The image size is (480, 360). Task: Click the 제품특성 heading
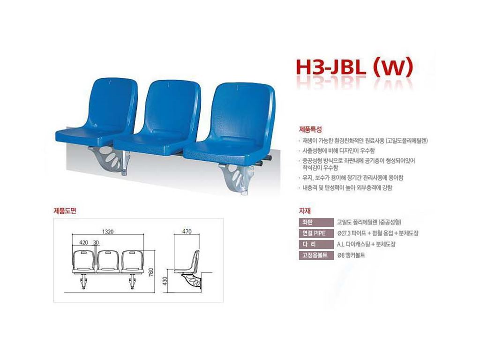point(310,129)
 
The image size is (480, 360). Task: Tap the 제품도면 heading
point(65,210)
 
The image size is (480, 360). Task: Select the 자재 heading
point(305,210)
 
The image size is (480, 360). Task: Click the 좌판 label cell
point(316,222)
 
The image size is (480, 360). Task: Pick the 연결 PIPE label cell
point(316,233)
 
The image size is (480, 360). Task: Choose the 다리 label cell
point(316,244)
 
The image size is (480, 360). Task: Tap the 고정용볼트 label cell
point(316,255)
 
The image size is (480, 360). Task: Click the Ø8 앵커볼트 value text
point(351,255)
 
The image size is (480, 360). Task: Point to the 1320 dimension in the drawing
point(107,232)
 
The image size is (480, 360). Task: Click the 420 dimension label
point(83,242)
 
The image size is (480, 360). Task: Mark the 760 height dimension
point(151,272)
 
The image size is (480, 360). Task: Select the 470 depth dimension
point(187,232)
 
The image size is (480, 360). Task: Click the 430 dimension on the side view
point(165,281)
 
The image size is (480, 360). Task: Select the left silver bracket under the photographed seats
point(110,160)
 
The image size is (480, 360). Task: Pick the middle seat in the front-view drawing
point(108,262)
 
